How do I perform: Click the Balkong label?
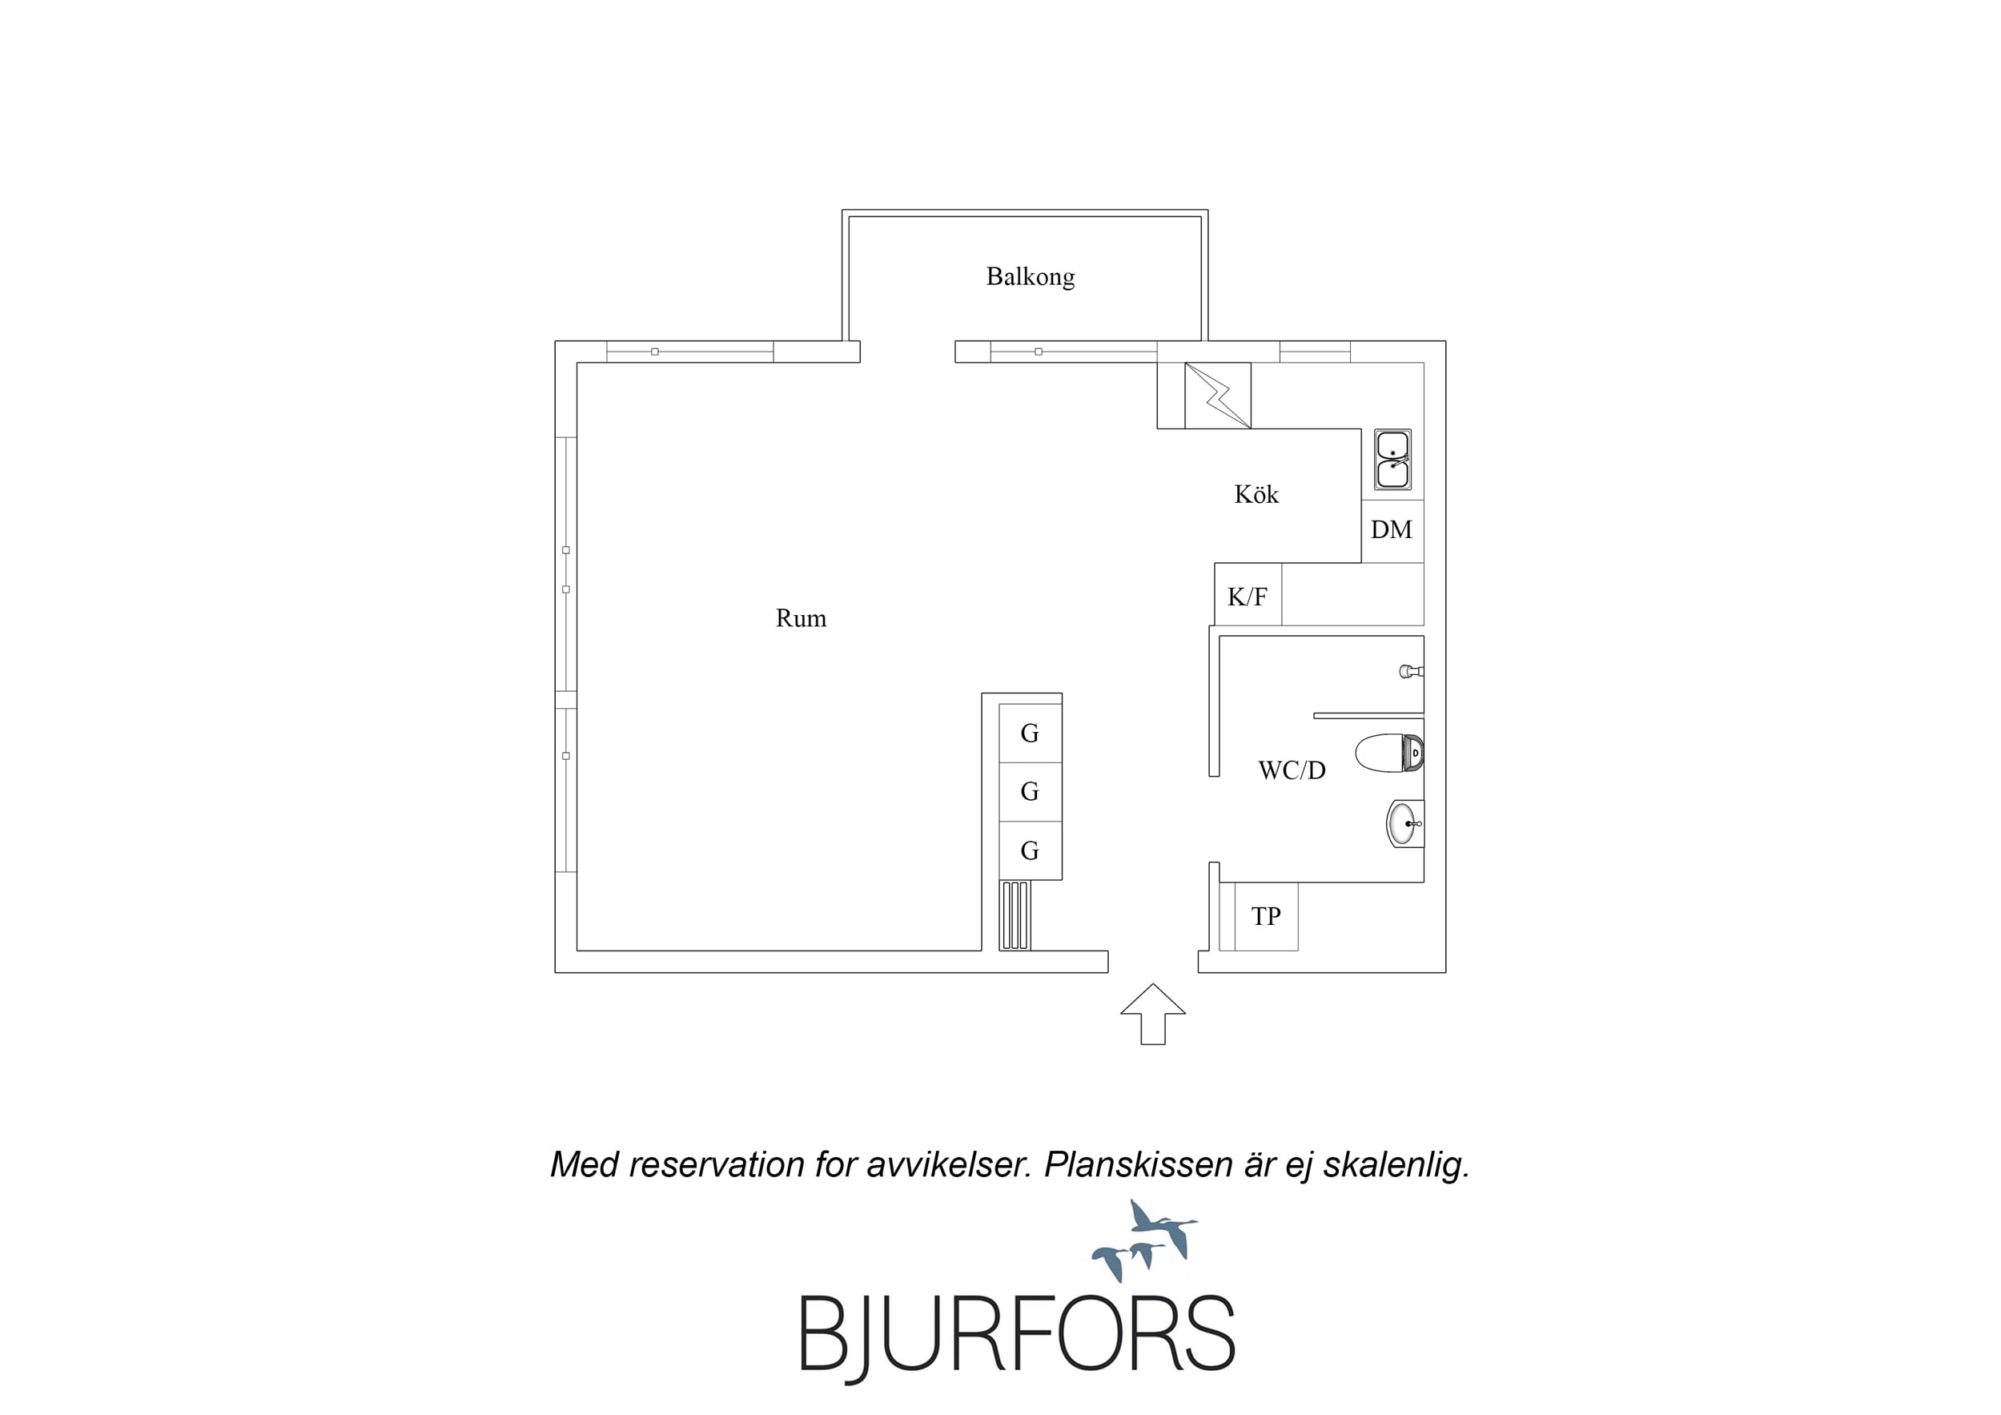point(1031,277)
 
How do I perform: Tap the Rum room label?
point(801,618)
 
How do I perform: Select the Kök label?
point(1256,494)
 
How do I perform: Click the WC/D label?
point(1292,770)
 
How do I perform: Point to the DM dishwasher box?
point(1392,530)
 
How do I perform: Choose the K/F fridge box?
point(1248,595)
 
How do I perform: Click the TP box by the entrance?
point(1266,916)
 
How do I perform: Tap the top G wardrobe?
point(1031,734)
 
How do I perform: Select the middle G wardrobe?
point(1031,792)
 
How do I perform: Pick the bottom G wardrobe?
point(1031,851)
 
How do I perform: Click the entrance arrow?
point(1153,1014)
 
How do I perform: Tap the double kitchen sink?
point(1392,459)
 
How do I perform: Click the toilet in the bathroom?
point(1389,754)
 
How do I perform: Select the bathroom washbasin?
point(1404,824)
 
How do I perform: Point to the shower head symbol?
point(1411,671)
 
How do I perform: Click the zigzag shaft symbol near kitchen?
point(1218,396)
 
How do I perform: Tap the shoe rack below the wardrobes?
point(1015,915)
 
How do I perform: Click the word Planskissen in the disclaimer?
point(1137,1166)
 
